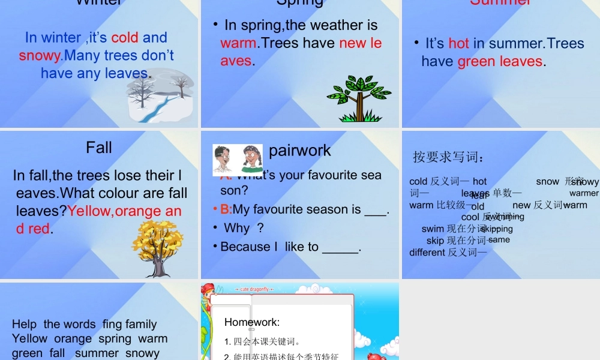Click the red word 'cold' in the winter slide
(x=125, y=37)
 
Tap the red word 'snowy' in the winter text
(x=40, y=56)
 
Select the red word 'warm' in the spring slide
(x=238, y=43)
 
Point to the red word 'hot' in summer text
(x=458, y=43)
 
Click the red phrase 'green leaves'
(x=500, y=61)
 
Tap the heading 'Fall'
(x=99, y=147)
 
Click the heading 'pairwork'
(x=299, y=150)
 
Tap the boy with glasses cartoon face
(x=223, y=160)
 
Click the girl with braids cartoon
(x=252, y=160)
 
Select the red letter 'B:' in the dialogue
(x=226, y=209)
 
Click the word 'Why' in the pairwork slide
(x=236, y=228)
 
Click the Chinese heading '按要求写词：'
(x=448, y=157)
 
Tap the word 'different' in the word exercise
(x=427, y=252)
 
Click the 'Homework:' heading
(x=252, y=322)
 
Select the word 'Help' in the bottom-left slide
(x=24, y=324)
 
